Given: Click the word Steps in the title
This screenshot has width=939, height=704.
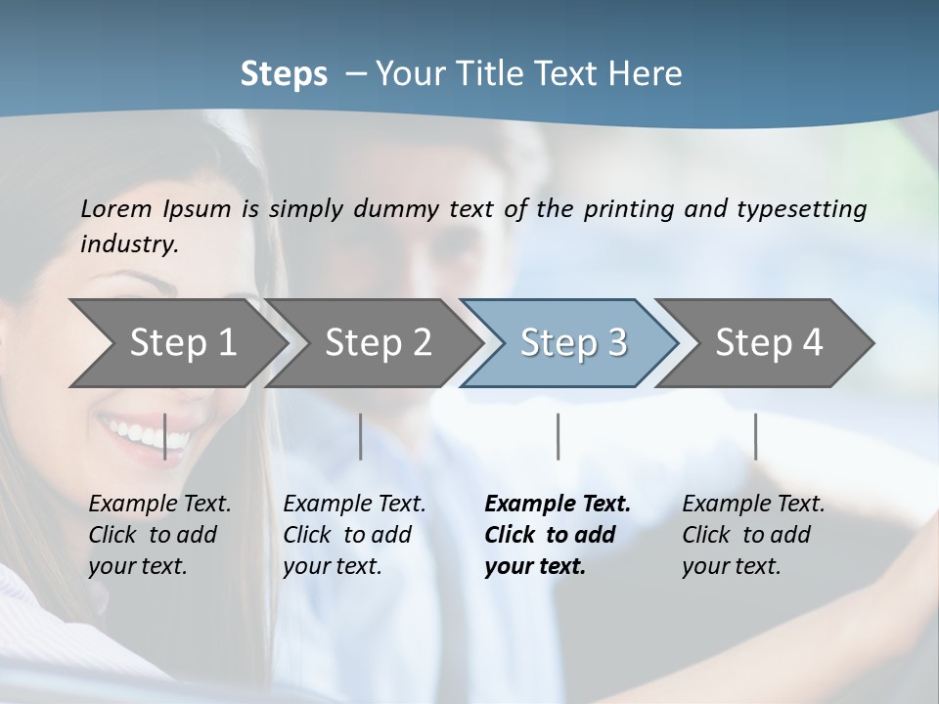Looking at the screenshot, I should click(x=284, y=74).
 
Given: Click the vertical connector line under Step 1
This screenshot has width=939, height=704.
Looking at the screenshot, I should click(x=164, y=436).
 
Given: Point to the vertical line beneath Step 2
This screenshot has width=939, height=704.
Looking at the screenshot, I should click(x=361, y=436).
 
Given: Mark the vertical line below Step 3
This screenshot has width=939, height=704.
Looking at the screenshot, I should click(x=558, y=436).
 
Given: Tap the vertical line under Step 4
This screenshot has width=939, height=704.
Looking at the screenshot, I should click(x=755, y=436).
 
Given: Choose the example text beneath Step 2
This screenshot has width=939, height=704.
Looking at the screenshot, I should click(x=353, y=535).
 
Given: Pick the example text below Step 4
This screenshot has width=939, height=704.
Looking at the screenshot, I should click(x=752, y=535).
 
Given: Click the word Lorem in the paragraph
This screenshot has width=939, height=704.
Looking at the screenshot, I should click(x=116, y=208).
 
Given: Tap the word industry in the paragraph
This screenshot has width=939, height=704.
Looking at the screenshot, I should click(x=129, y=243).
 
